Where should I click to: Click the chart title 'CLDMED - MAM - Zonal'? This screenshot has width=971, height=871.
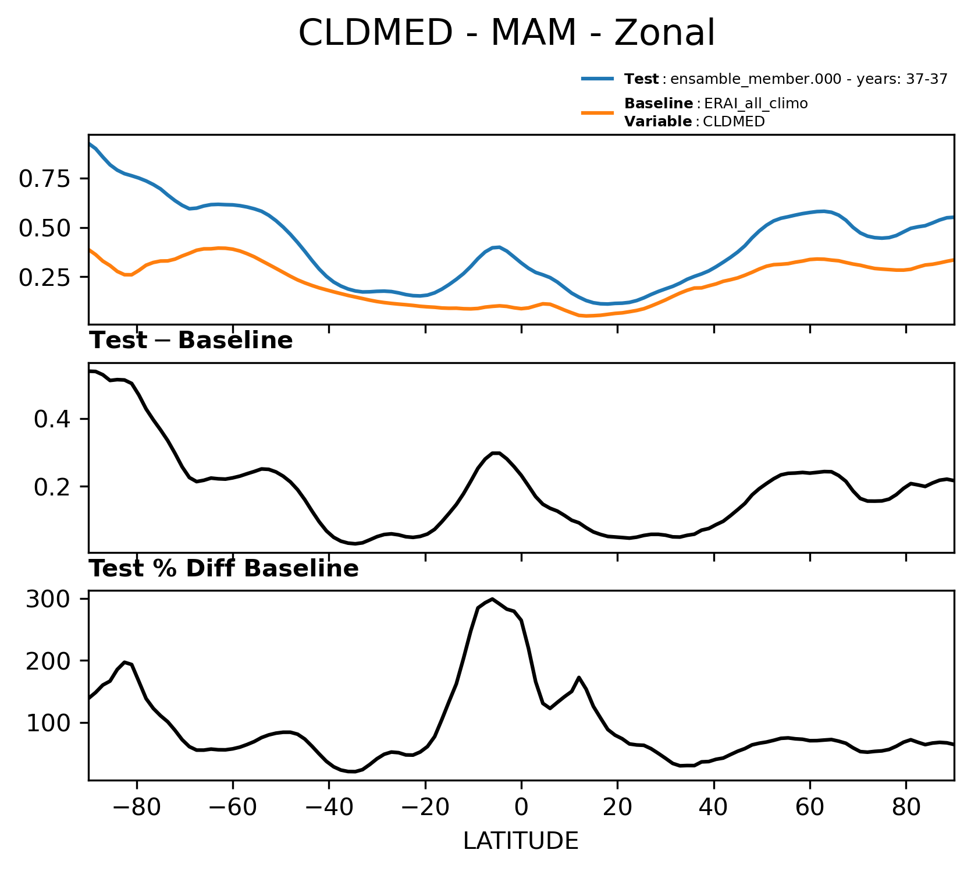pyautogui.click(x=506, y=33)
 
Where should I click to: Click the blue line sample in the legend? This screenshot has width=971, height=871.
pyautogui.click(x=597, y=79)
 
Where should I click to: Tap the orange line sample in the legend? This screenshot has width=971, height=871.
pyautogui.click(x=597, y=112)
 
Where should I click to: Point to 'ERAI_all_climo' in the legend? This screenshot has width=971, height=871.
pyautogui.click(x=756, y=104)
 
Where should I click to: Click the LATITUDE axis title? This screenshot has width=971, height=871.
pyautogui.click(x=521, y=841)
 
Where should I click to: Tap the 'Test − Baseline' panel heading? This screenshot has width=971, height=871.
pyautogui.click(x=191, y=341)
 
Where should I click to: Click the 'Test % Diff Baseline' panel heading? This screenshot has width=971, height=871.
pyautogui.click(x=223, y=569)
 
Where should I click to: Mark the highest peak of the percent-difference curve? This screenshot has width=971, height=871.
pyautogui.click(x=492, y=599)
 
